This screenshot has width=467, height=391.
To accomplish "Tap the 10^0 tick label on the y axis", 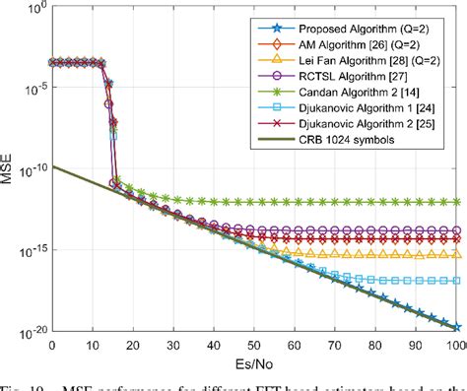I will point(31,11).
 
